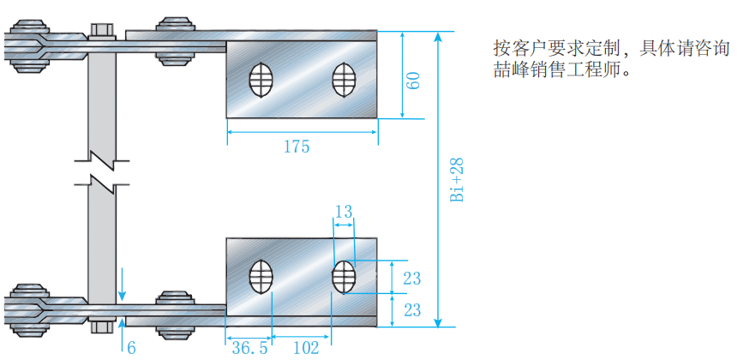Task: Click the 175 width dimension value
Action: click(297, 147)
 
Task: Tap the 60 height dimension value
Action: click(413, 81)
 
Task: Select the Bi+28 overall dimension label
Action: click(457, 179)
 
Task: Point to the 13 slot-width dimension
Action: click(344, 211)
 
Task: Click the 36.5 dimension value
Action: click(249, 348)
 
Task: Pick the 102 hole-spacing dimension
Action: click(306, 348)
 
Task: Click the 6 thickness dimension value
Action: click(131, 348)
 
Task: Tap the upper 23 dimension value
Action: click(411, 279)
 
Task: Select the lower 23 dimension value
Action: click(411, 310)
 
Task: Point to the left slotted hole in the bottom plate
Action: click(261, 277)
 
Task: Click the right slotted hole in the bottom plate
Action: click(345, 277)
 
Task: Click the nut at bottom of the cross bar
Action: click(102, 327)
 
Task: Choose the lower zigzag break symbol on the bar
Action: click(102, 183)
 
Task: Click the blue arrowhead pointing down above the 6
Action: click(123, 296)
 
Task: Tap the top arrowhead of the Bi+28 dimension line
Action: click(438, 38)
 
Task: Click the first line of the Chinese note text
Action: click(612, 49)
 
